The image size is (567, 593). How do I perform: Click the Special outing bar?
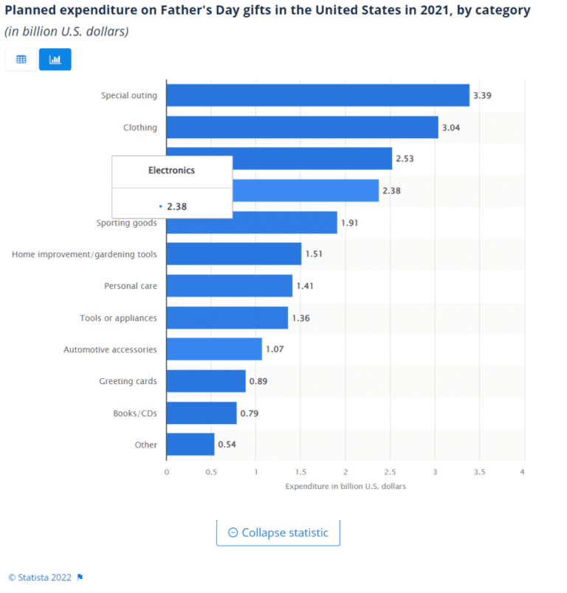tap(317, 95)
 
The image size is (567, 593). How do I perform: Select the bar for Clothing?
tap(302, 127)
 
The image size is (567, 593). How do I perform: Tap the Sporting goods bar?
tap(251, 222)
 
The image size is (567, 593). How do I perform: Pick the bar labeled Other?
tap(190, 445)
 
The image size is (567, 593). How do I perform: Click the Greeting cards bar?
tap(205, 381)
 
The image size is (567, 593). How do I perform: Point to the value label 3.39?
tap(482, 96)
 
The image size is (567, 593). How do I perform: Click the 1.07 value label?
tap(275, 349)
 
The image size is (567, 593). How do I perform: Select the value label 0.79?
tap(250, 413)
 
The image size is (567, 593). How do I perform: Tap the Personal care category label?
tap(130, 286)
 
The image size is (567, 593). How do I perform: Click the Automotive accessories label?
tap(110, 349)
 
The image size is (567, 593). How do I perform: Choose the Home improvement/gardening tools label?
tap(84, 254)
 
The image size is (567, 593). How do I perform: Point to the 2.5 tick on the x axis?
tap(390, 471)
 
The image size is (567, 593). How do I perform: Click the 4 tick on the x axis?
tap(523, 471)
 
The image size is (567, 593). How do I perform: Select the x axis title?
tap(345, 486)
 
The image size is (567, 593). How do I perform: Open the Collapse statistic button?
tap(278, 532)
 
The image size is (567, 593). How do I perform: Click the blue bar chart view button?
tap(55, 59)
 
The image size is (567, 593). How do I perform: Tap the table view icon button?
tap(21, 59)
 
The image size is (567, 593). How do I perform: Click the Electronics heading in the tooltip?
tap(171, 170)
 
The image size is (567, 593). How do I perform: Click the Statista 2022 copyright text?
tap(40, 577)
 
